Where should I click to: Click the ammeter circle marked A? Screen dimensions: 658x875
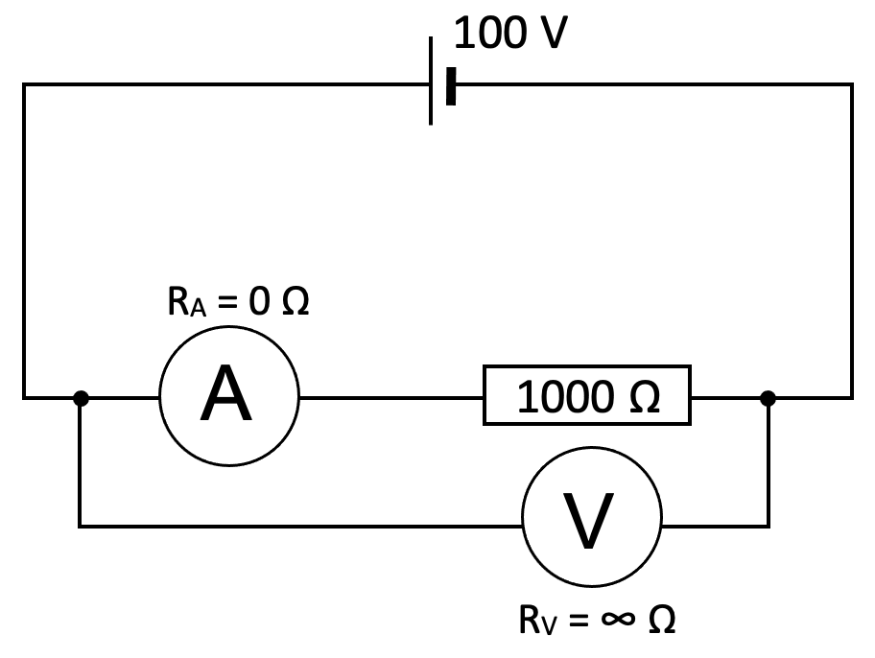(229, 395)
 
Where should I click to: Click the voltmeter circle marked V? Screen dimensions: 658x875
(592, 518)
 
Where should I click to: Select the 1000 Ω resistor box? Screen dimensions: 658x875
(587, 395)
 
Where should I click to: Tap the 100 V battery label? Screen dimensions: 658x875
(509, 34)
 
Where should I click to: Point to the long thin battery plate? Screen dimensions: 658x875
(432, 81)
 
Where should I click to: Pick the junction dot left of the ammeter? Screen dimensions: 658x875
(82, 396)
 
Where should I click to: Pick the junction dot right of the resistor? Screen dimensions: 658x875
(768, 396)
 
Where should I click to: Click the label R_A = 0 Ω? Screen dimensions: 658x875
(238, 303)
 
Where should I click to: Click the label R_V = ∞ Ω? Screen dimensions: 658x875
(597, 620)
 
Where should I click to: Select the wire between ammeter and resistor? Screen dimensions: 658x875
(390, 395)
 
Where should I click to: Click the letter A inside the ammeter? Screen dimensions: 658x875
(227, 396)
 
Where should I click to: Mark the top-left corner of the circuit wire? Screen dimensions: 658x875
(24, 85)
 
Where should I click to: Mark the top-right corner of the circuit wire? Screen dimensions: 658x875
(851, 85)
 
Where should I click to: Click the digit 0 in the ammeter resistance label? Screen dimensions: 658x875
(259, 303)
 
